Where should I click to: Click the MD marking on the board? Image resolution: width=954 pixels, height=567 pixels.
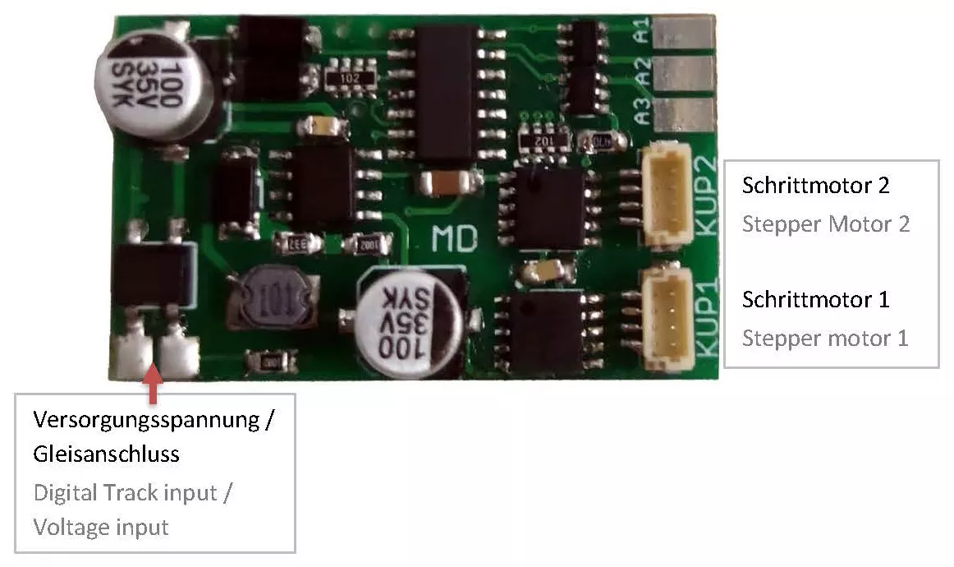455,238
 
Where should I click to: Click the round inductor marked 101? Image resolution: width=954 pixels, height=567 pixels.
271,295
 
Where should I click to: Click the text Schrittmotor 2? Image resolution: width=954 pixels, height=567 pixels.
815,185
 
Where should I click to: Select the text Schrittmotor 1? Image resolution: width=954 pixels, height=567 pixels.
815,299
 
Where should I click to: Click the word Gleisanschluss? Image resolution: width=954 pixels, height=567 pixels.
106,454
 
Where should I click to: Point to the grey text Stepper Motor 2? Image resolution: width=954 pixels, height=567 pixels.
825,224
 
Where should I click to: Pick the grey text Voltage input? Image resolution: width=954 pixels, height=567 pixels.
101,527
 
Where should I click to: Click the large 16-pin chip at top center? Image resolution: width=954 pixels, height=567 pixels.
446,92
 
